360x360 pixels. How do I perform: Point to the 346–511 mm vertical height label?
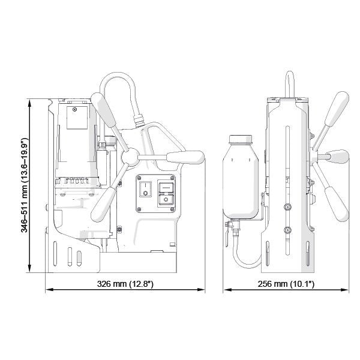(x=25, y=187)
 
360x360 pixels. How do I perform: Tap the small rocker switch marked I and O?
(x=145, y=190)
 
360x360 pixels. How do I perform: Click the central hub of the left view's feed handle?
(x=128, y=158)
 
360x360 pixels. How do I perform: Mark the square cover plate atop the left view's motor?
(x=76, y=121)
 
